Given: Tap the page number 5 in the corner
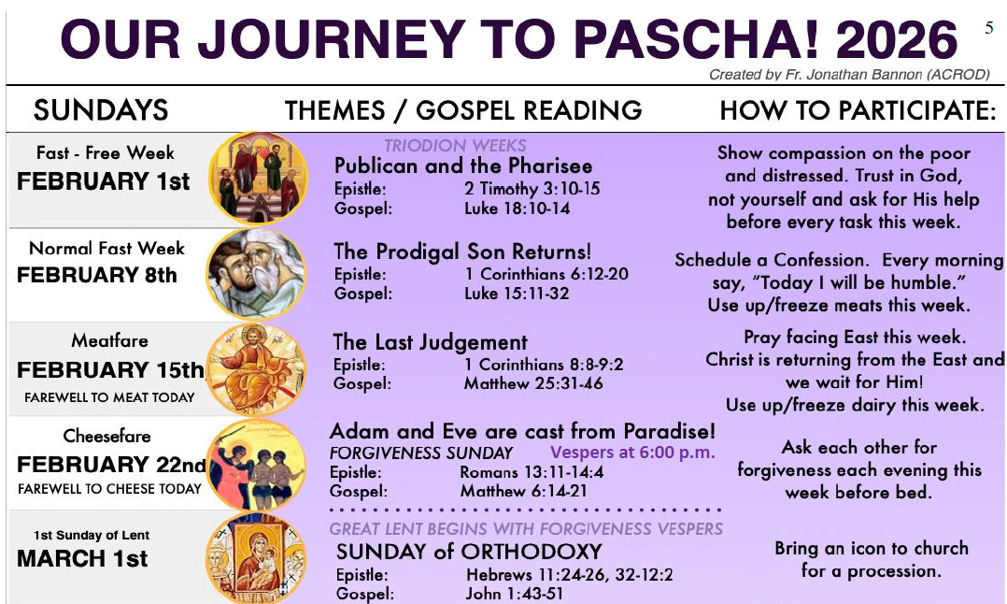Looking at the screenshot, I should point(989,28).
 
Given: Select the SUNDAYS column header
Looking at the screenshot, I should point(101,110).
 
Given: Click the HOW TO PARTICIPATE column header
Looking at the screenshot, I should point(858,110).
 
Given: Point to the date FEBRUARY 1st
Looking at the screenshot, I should point(103,182).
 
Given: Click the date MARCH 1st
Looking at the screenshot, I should point(82,559).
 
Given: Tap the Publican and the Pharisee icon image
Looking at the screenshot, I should point(257,178).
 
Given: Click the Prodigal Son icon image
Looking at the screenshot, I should point(255,273).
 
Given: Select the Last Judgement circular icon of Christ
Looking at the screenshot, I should point(255,367).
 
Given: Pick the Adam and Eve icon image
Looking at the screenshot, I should point(255,465).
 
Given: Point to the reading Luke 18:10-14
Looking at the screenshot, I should point(517,208).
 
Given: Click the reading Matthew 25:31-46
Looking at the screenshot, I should point(533,383).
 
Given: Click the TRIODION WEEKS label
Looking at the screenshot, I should point(455,146).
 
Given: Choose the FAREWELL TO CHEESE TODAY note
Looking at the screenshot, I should point(109,489).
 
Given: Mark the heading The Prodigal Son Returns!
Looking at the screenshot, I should point(462,252).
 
